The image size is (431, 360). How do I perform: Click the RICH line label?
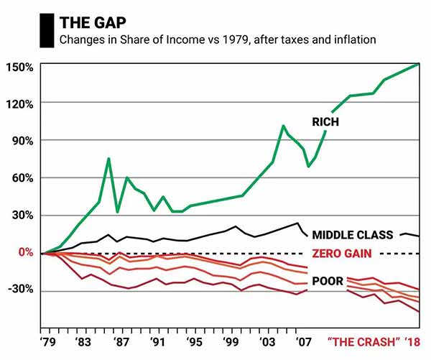pyautogui.click(x=325, y=123)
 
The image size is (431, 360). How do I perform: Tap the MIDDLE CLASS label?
pyautogui.click(x=353, y=235)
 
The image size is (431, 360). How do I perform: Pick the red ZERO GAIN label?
pyautogui.click(x=342, y=253)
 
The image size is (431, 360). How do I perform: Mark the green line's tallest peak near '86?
pyautogui.click(x=108, y=159)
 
